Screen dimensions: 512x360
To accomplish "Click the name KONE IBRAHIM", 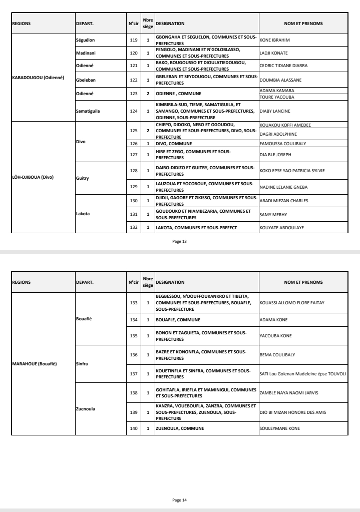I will click(x=275, y=40).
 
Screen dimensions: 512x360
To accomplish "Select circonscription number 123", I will click(x=133, y=94).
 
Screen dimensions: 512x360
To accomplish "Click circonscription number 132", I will click(x=133, y=227).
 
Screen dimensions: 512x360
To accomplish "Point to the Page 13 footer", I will click(x=180, y=241).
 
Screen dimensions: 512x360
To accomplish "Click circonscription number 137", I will click(x=133, y=372).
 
